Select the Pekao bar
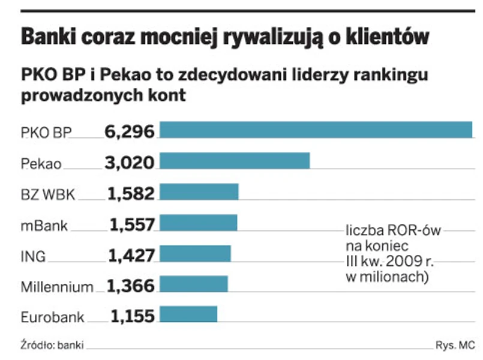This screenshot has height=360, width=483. tap(235, 161)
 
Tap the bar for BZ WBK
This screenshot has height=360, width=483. tap(199, 192)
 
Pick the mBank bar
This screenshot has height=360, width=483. tap(199, 223)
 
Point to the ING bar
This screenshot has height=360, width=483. tap(195, 254)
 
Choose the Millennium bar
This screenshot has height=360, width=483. tap(194, 284)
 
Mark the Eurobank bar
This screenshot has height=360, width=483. tap(188, 315)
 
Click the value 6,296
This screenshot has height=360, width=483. tap(129, 131)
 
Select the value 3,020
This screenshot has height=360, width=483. tap(129, 162)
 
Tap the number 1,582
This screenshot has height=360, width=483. tap(131, 193)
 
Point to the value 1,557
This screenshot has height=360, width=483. tap(132, 224)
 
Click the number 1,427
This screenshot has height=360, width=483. tap(131, 254)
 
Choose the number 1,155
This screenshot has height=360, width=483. tap(132, 316)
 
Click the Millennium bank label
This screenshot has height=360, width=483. tap(57, 287)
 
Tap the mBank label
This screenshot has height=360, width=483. tap(44, 226)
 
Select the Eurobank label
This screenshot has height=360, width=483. tap(52, 317)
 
